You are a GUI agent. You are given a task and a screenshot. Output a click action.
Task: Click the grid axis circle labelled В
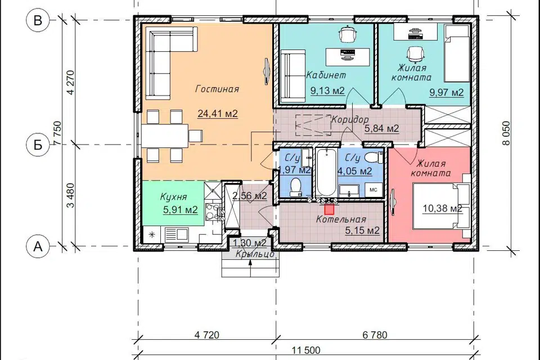pyautogui.click(x=38, y=20)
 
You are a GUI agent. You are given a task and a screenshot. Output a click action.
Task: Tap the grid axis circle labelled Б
pyautogui.click(x=38, y=145)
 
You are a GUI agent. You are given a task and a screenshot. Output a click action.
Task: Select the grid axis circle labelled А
pyautogui.click(x=38, y=246)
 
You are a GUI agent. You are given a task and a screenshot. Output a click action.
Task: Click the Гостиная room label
pyautogui.click(x=217, y=89)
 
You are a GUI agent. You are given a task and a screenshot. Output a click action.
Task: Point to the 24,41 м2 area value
pyautogui.click(x=218, y=113)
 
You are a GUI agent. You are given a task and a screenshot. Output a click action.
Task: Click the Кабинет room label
pyautogui.click(x=326, y=75)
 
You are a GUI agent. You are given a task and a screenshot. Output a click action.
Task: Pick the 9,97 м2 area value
pyautogui.click(x=446, y=92)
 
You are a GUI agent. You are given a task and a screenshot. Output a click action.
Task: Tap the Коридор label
pyautogui.click(x=349, y=120)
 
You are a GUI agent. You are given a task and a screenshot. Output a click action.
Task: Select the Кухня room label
pyautogui.click(x=174, y=197)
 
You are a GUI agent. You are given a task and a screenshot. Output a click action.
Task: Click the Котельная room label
pyautogui.click(x=341, y=219)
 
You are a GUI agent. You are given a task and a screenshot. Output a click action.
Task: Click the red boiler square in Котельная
pyautogui.click(x=330, y=209)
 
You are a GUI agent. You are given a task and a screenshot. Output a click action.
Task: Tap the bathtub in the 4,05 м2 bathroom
pyautogui.click(x=326, y=172)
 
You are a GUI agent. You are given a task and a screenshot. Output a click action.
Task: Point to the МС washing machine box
pyautogui.click(x=373, y=190)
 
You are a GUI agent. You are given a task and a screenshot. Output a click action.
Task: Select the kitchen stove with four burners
pyautogui.click(x=213, y=211)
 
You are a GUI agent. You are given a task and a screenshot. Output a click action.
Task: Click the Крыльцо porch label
pyautogui.click(x=255, y=254)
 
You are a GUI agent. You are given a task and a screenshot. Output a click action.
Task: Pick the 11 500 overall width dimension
pyautogui.click(x=306, y=350)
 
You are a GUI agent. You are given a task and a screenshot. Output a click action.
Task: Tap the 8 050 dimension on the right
pyautogui.click(x=506, y=133)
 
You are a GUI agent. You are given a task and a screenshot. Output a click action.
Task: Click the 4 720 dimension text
pyautogui.click(x=206, y=335)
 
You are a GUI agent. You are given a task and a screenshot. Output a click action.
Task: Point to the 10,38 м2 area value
pyautogui.click(x=442, y=208)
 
